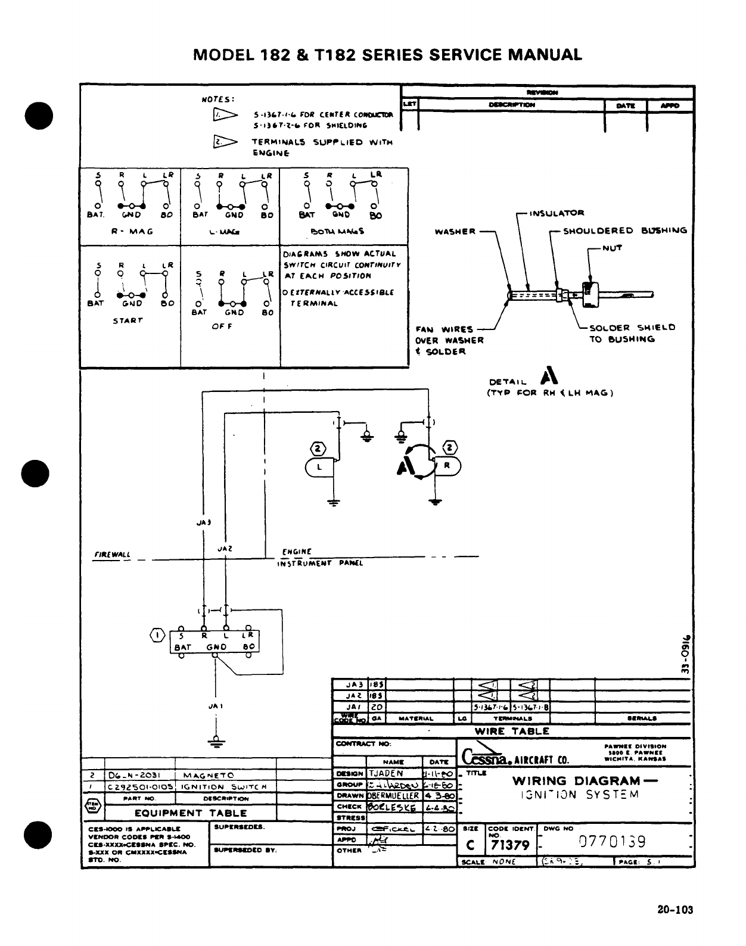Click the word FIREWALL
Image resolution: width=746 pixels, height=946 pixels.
112,554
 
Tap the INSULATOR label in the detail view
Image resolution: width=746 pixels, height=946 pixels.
557,213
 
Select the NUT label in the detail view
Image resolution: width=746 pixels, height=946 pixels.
612,248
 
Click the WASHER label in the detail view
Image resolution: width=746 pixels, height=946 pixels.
455,231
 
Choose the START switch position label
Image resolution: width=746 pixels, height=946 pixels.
128,320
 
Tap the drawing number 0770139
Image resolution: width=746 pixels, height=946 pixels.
613,842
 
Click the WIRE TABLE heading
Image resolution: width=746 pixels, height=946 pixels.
512,731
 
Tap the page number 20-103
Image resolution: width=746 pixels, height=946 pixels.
676,910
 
